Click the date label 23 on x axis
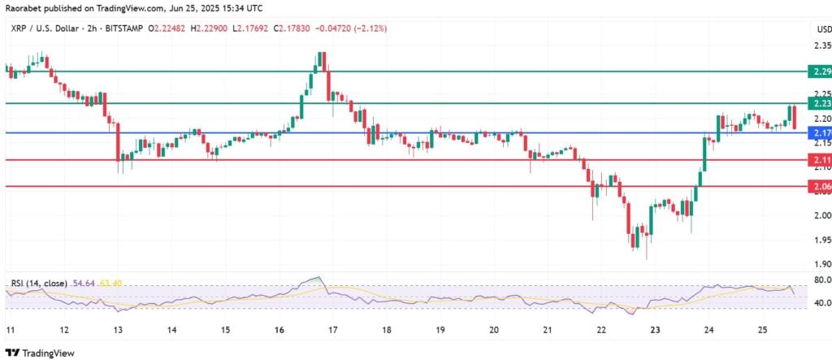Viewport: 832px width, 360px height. (x=655, y=332)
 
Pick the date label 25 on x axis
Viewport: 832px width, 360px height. (x=762, y=332)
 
